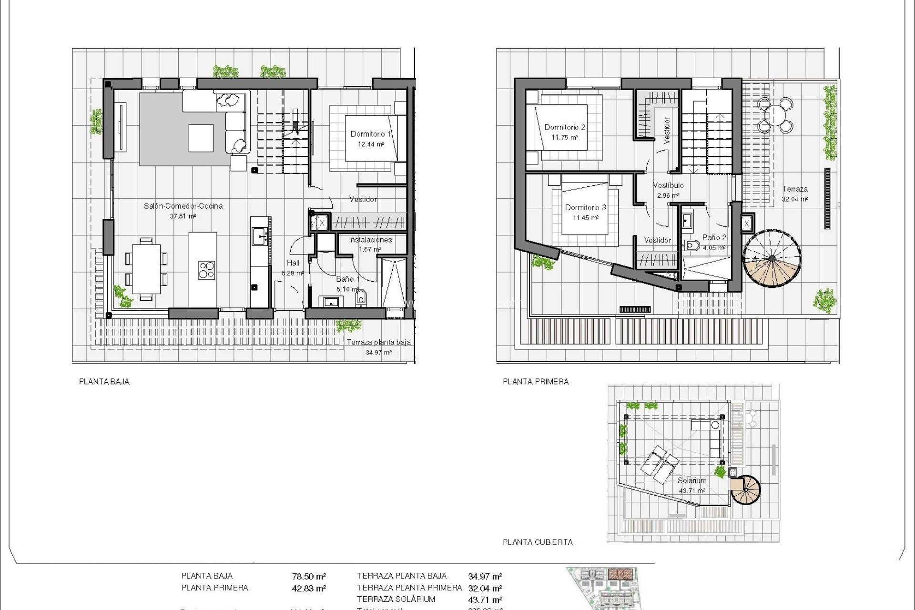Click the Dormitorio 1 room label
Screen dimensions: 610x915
pos(370,134)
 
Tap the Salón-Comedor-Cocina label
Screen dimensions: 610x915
pos(183,206)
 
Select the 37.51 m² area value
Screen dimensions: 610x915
pos(183,216)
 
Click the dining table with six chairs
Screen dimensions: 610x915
pos(146,269)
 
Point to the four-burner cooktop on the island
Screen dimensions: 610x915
pos(206,270)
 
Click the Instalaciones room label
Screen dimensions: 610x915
pos(370,240)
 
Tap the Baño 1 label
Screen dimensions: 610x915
pos(347,279)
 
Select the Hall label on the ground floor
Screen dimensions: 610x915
pos(293,263)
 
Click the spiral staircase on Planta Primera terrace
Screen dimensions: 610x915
pos(772,259)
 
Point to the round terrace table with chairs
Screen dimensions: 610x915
pos(775,115)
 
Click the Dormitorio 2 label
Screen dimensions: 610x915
pos(564,127)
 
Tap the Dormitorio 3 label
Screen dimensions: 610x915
pos(585,207)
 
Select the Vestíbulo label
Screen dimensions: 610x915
pos(668,185)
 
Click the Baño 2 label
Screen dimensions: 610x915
pos(714,237)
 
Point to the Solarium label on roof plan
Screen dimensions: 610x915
pos(691,480)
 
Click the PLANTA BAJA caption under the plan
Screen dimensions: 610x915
pos(104,381)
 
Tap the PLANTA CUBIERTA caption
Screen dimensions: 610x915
pos(538,542)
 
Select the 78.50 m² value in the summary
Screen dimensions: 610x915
pos(309,577)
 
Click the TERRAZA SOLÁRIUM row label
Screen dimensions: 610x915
pos(396,599)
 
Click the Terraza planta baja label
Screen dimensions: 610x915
pos(378,342)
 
